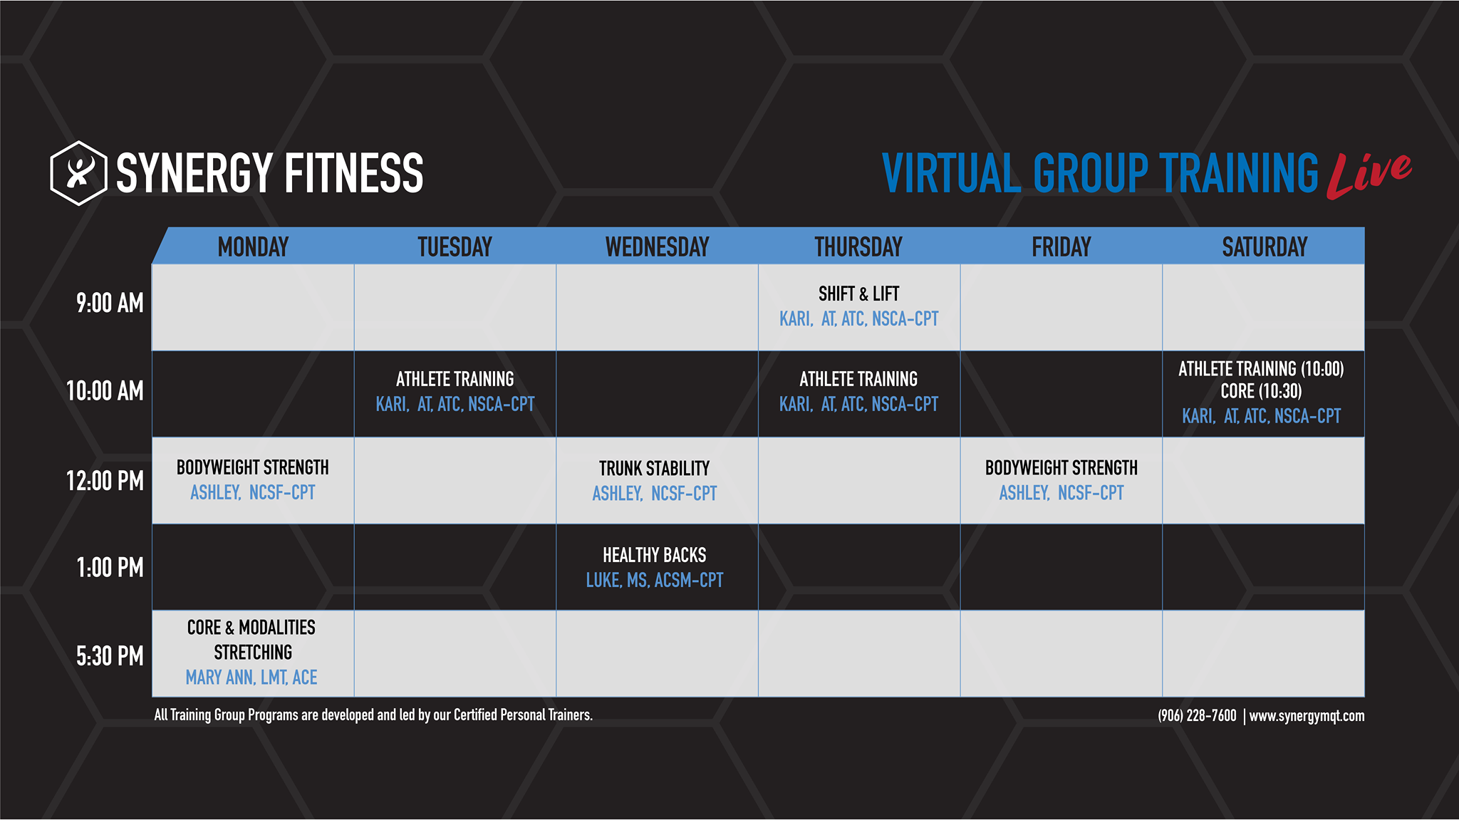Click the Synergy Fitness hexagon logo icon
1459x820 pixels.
(x=78, y=173)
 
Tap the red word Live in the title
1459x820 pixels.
(x=1369, y=175)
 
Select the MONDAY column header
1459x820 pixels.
(x=253, y=247)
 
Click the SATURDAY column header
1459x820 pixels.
(x=1265, y=247)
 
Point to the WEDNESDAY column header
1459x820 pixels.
(x=657, y=247)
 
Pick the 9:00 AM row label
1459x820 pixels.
(x=110, y=303)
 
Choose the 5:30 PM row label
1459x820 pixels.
(x=110, y=656)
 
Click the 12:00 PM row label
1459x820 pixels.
(x=105, y=481)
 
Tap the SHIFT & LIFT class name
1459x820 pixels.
(x=858, y=294)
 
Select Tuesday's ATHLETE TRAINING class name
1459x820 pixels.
(x=455, y=379)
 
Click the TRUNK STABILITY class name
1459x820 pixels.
(x=654, y=468)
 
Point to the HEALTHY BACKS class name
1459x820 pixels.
(x=654, y=555)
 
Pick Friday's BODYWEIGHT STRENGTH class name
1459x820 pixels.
(x=1061, y=467)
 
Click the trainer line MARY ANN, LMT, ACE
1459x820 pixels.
(x=251, y=678)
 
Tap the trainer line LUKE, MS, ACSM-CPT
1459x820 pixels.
(x=654, y=581)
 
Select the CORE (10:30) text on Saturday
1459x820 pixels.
(x=1261, y=391)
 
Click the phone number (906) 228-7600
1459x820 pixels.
(x=1197, y=716)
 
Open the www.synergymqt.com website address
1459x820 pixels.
(x=1307, y=716)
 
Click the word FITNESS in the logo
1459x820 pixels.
(x=354, y=173)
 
